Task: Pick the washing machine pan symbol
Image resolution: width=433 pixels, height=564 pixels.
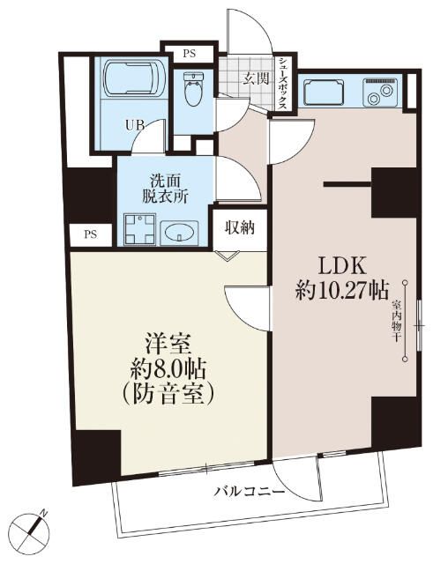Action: (138, 230)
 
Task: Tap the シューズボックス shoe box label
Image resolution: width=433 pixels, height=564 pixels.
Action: (282, 82)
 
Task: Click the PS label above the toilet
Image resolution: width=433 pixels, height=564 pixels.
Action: (189, 53)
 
